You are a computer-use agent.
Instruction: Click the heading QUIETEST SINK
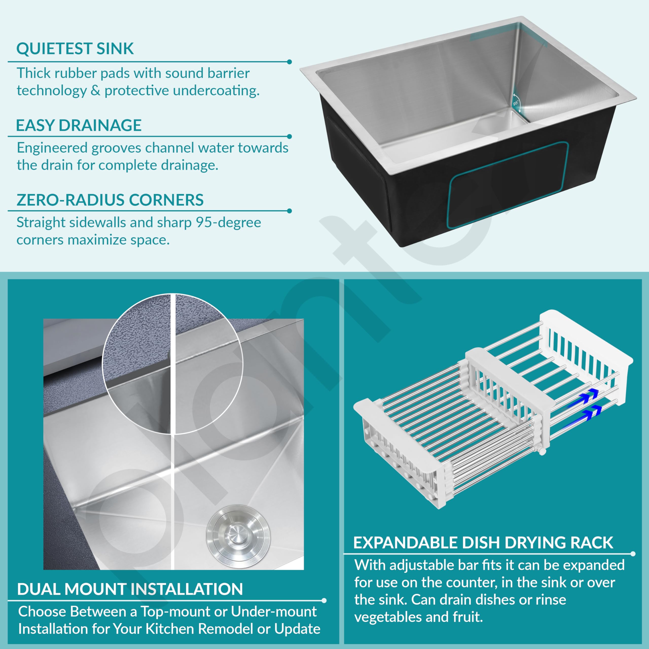pyautogui.click(x=75, y=48)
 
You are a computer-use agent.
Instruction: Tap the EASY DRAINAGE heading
pyautogui.click(x=79, y=125)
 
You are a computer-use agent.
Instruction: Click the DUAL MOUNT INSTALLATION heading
pyautogui.click(x=130, y=589)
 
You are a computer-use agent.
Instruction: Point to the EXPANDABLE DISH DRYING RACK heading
pyautogui.click(x=483, y=543)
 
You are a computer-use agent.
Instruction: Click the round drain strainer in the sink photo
pyautogui.click(x=238, y=537)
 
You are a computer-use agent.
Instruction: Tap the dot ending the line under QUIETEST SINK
pyautogui.click(x=290, y=62)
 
